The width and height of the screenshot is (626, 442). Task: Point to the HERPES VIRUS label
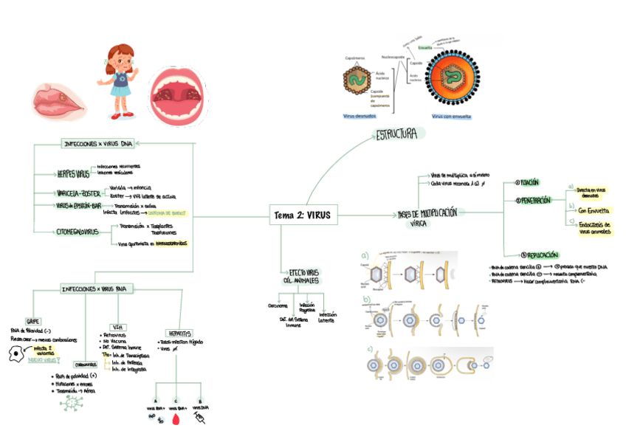click(73, 175)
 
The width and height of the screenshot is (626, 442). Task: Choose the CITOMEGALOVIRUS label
click(77, 232)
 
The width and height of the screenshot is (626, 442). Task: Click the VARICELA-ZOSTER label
click(78, 193)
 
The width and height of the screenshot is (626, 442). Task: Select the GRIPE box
click(34, 322)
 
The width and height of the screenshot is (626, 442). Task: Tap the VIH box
click(117, 326)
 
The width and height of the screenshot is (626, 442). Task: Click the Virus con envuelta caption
click(451, 116)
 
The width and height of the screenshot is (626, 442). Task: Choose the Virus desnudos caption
click(360, 116)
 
